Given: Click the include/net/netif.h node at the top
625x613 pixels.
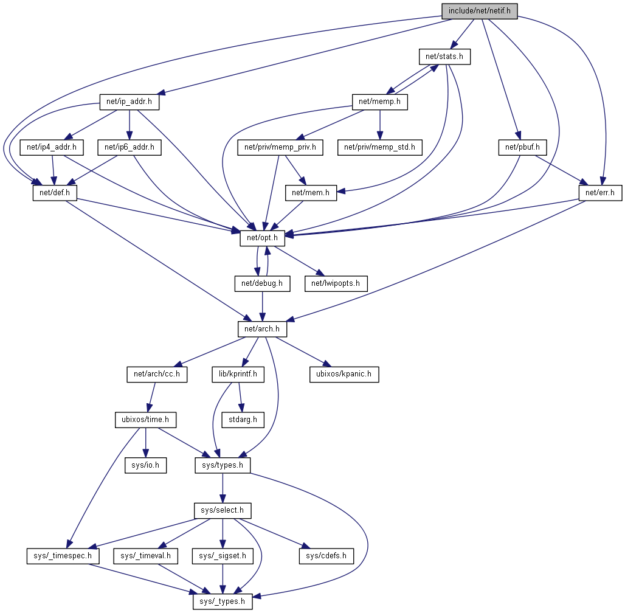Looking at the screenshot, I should [480, 11].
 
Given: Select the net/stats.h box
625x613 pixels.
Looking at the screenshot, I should [444, 57].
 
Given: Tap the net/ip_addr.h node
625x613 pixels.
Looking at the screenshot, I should [129, 103].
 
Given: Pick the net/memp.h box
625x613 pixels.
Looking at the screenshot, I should [379, 103].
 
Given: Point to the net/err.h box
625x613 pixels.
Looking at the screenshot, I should [600, 193].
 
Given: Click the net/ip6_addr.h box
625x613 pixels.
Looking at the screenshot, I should [129, 147].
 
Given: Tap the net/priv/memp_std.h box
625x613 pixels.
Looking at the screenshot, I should [379, 147].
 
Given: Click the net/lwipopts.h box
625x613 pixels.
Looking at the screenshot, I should [336, 283].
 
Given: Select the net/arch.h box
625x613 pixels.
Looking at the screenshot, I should [261, 329].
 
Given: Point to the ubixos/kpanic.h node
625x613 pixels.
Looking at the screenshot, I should [344, 374].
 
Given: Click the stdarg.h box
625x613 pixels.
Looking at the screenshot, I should [243, 419].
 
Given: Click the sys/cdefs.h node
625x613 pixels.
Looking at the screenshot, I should [326, 555].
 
